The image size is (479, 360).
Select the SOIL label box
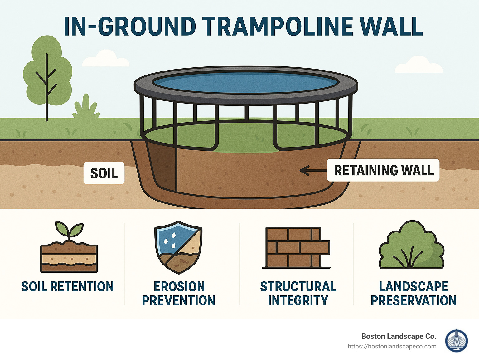(104, 173)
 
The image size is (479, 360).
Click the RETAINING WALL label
(383, 170)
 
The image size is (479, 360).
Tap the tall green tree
(47, 72)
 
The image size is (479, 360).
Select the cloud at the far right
(419, 65)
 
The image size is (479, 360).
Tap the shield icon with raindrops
(178, 247)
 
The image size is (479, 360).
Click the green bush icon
(412, 246)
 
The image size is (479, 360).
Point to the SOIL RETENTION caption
(67, 286)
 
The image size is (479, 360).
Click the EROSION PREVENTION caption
(178, 293)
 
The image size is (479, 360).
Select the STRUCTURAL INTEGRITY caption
(298, 293)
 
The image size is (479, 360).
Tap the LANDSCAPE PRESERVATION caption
(414, 293)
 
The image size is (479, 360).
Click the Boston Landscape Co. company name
(399, 336)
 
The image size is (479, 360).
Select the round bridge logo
(456, 341)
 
